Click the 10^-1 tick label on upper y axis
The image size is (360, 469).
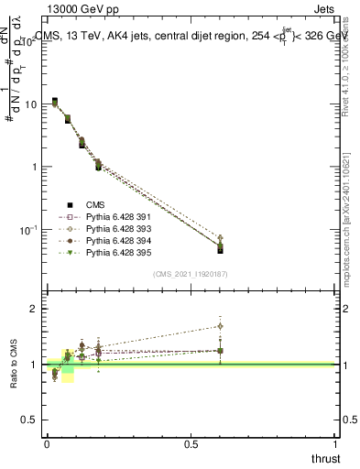(27, 229)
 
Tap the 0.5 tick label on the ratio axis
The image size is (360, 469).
(29, 420)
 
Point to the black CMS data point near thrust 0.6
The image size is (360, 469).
(221, 249)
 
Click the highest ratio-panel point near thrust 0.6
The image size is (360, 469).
(221, 326)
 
